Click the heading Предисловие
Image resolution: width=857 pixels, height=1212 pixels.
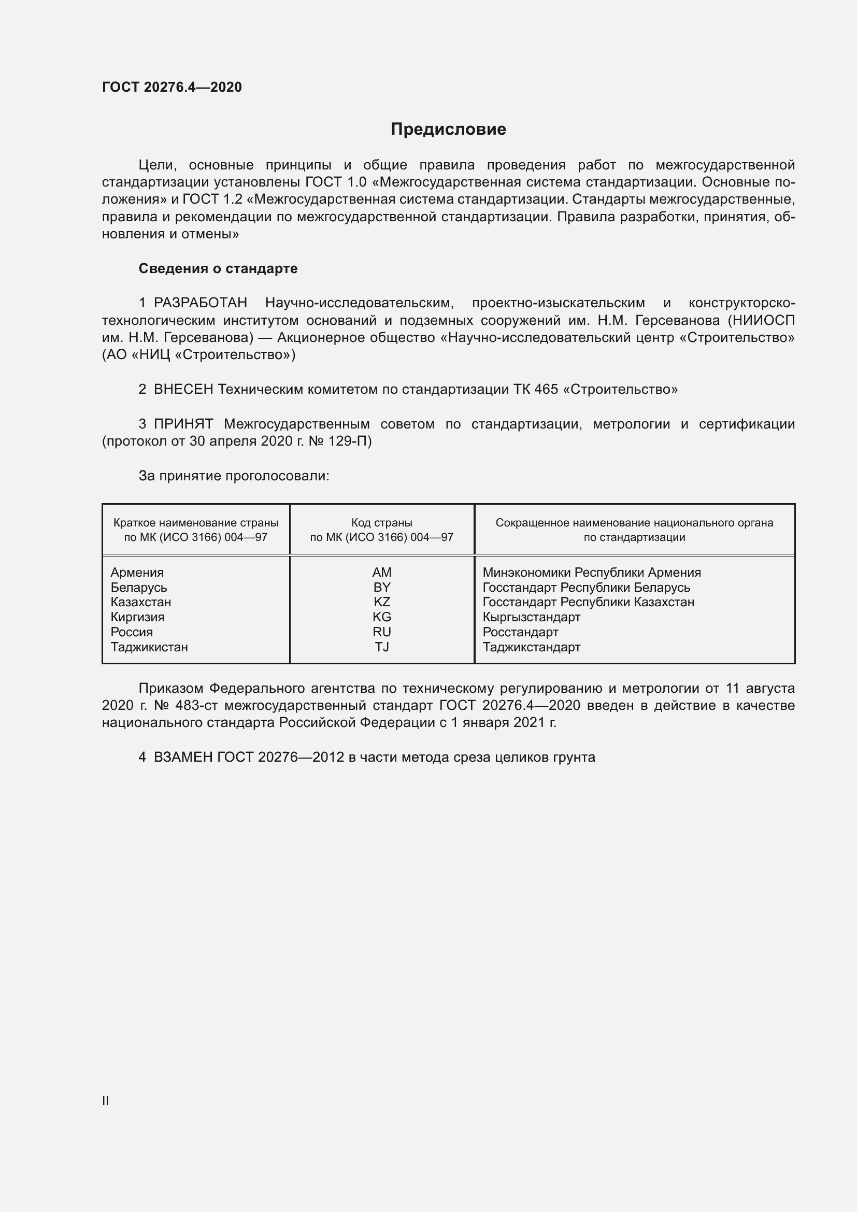click(x=448, y=130)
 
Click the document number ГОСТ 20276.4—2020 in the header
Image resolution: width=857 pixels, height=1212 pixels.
click(x=172, y=87)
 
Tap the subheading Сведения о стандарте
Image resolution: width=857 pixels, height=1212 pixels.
click(x=218, y=269)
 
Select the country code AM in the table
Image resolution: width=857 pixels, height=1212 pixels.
click(x=381, y=572)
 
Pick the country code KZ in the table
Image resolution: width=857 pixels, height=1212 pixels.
click(x=381, y=602)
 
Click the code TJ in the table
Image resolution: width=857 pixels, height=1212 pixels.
click(x=381, y=647)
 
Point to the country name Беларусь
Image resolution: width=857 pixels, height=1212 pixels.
click(x=139, y=588)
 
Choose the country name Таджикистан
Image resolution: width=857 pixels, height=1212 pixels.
click(x=149, y=647)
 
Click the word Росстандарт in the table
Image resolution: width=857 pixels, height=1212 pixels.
click(x=520, y=632)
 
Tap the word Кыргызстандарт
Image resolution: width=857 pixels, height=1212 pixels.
click(x=531, y=617)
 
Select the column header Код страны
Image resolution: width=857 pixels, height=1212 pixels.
click(x=381, y=523)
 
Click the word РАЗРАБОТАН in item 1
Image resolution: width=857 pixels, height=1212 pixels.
click(x=201, y=303)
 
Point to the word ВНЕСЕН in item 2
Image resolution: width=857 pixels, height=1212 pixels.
click(x=183, y=390)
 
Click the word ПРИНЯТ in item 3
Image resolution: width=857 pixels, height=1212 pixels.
click(x=183, y=424)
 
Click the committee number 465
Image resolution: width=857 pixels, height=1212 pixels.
click(x=546, y=390)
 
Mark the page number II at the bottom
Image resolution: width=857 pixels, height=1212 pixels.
click(x=106, y=1101)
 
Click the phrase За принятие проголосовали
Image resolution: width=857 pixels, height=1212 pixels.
click(x=233, y=476)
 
